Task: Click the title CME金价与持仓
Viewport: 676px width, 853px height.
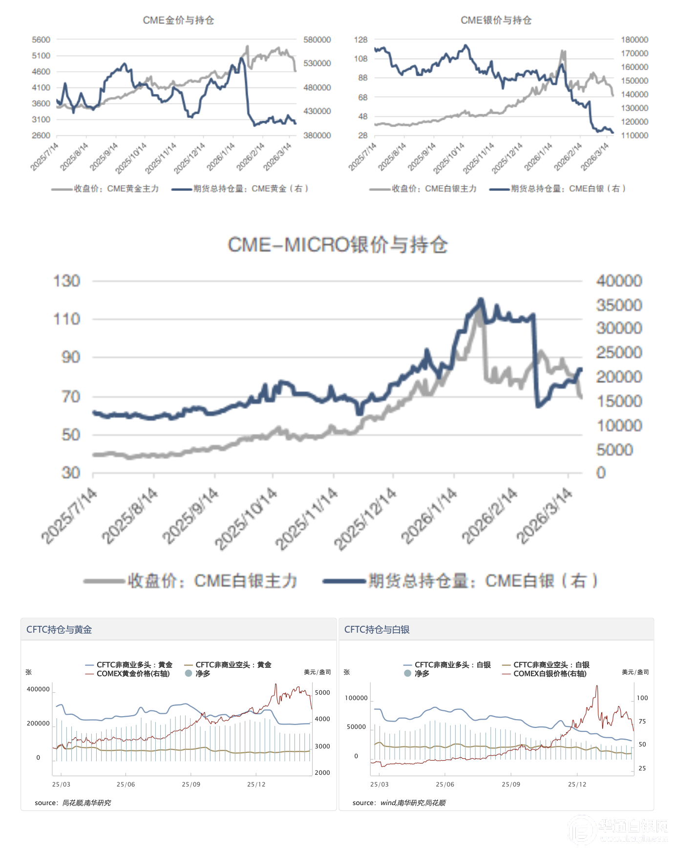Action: click(x=178, y=20)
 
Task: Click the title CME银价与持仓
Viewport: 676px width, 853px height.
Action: click(x=496, y=20)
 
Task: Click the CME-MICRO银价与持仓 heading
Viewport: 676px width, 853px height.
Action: click(x=338, y=245)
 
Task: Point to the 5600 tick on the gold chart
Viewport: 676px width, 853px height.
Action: click(x=41, y=40)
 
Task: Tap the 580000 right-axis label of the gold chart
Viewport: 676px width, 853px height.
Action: click(x=317, y=40)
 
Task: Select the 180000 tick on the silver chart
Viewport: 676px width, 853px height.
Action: click(x=634, y=40)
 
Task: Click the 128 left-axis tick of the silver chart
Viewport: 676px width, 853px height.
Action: click(x=360, y=40)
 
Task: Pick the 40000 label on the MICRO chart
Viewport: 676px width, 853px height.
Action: click(x=619, y=281)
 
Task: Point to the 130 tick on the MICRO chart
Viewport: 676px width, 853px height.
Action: click(x=66, y=281)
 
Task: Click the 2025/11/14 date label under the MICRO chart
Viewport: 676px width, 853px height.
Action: click(x=306, y=518)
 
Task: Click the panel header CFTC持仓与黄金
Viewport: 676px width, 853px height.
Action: click(x=59, y=629)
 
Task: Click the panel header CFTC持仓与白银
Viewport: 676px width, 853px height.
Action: click(x=377, y=629)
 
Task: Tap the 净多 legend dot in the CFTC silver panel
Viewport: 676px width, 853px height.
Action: click(x=408, y=674)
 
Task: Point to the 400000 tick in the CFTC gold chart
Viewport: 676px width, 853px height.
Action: click(x=38, y=689)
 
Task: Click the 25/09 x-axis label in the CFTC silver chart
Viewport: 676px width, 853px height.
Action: click(x=511, y=784)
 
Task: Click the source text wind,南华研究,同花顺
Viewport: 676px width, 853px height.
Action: click(x=413, y=803)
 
